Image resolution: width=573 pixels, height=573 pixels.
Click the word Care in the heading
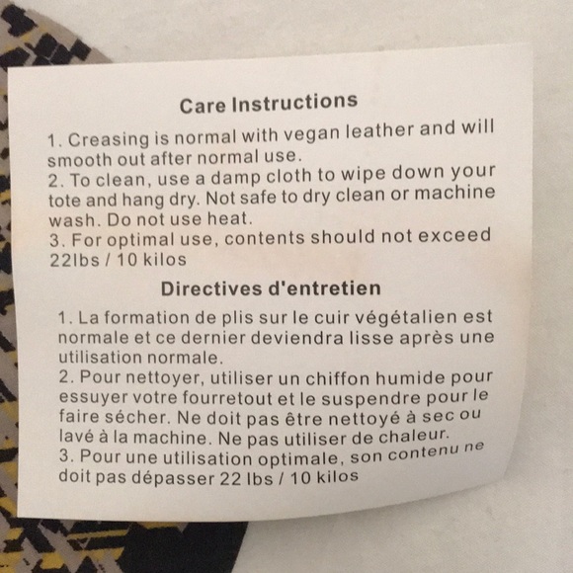tap(203, 106)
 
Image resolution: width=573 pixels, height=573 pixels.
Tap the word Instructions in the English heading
tap(294, 102)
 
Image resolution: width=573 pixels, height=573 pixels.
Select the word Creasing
tap(109, 140)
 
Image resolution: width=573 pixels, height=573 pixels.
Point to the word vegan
tap(312, 132)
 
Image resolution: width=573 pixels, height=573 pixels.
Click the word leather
tap(379, 130)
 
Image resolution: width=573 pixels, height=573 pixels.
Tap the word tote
tap(64, 201)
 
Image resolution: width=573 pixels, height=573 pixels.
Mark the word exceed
tap(454, 235)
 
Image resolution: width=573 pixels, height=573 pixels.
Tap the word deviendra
tap(297, 338)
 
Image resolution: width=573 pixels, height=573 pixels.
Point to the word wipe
tap(363, 174)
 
